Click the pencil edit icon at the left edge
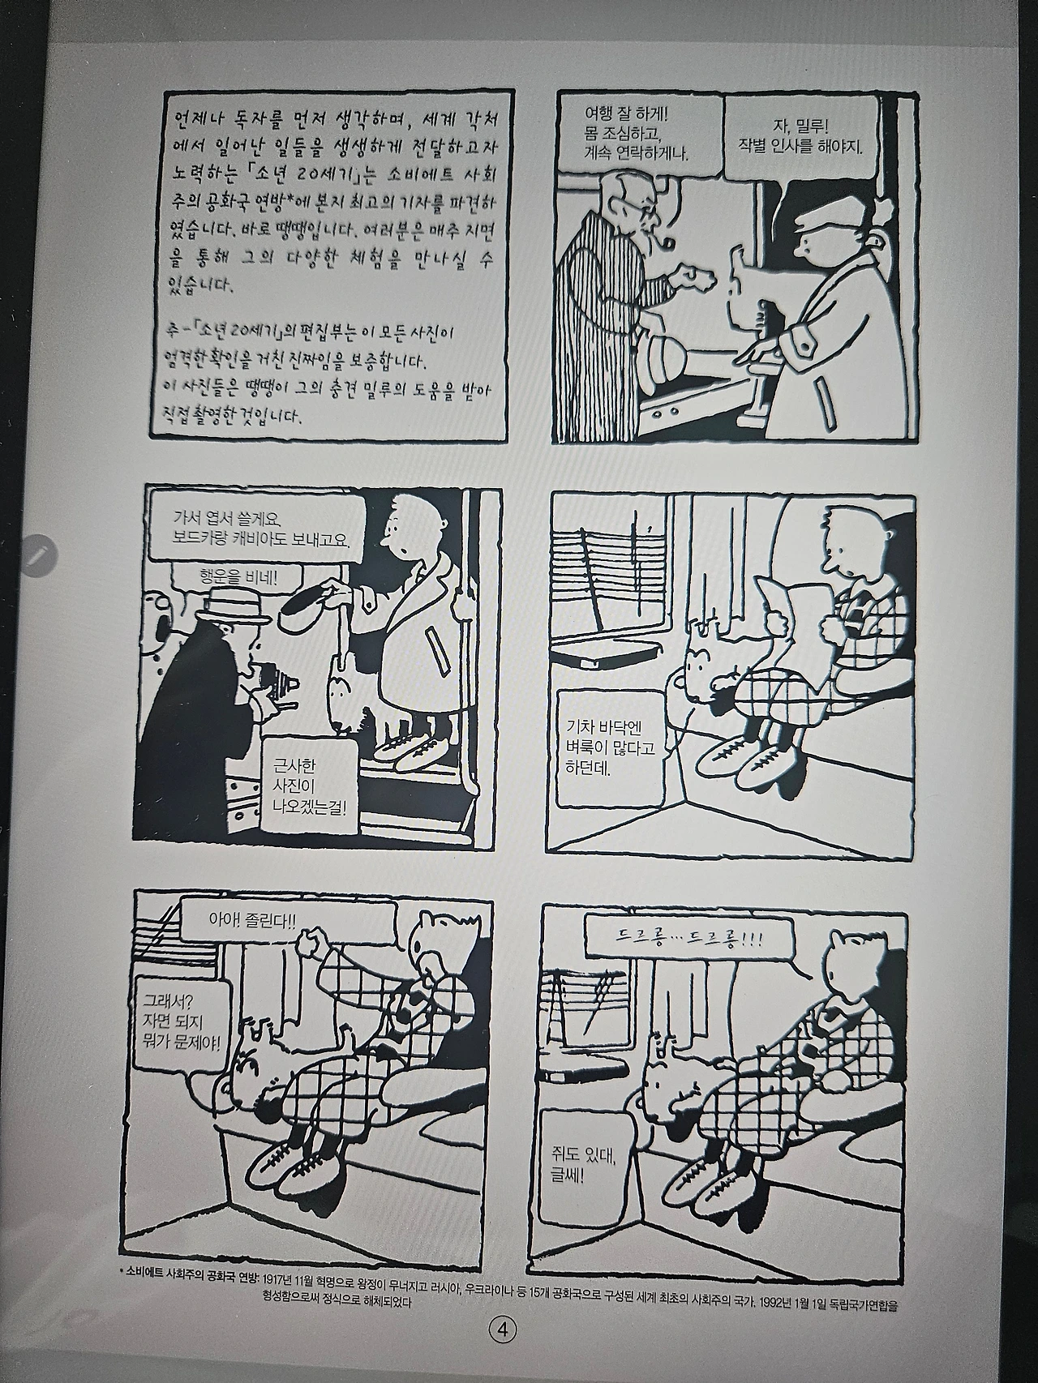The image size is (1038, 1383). click(38, 555)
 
